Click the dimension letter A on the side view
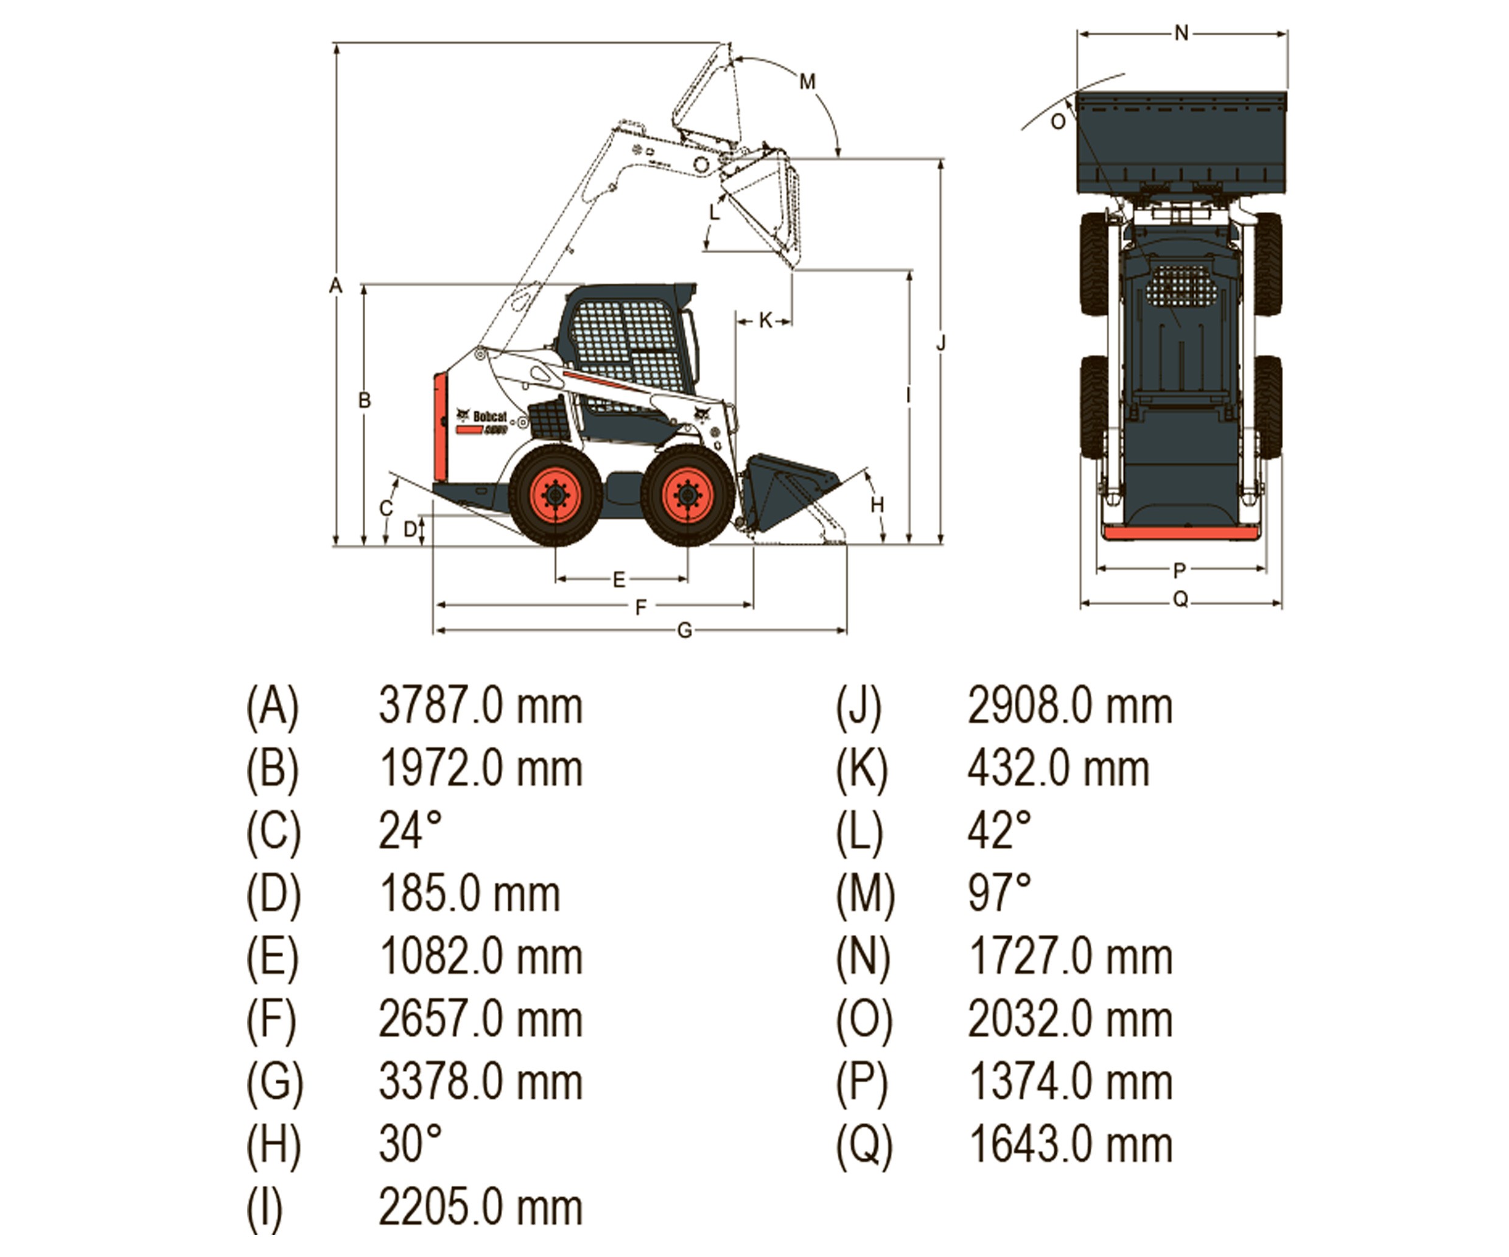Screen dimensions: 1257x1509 335,286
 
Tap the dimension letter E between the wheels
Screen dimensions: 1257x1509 618,579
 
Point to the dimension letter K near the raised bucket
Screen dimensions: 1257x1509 765,321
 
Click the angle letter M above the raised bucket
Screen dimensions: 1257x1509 808,82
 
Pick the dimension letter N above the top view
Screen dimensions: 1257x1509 1182,33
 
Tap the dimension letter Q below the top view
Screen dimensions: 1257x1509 1180,600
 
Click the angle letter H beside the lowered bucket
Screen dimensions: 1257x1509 877,505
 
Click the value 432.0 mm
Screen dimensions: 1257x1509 1058,768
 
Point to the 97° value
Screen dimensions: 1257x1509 999,894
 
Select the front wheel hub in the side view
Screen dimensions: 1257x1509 687,495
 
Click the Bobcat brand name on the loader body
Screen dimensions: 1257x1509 489,417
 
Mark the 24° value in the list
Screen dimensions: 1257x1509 410,831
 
